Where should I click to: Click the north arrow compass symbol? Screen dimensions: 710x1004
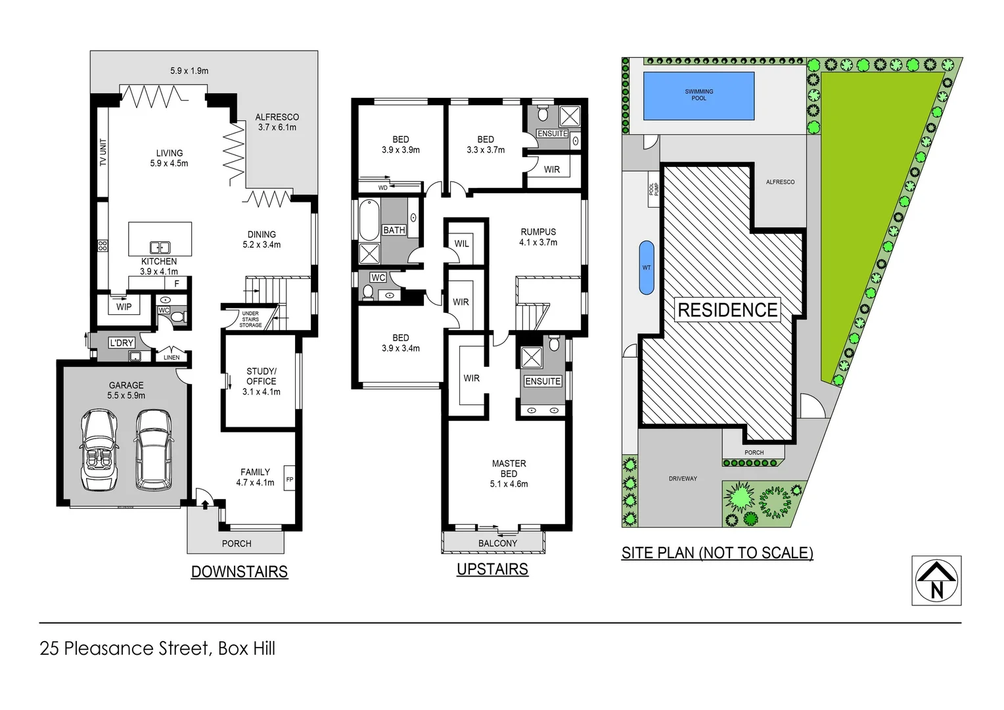click(x=936, y=580)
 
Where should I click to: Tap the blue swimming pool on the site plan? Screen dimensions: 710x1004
click(x=698, y=96)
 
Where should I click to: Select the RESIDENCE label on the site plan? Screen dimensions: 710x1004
click(x=727, y=310)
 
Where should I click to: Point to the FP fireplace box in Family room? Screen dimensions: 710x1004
click(x=289, y=479)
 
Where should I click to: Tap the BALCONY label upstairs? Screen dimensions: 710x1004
click(x=497, y=543)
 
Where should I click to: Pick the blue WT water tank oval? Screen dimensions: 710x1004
click(x=647, y=268)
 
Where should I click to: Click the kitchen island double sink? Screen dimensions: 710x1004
click(x=160, y=247)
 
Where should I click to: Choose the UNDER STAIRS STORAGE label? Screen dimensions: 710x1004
click(x=250, y=319)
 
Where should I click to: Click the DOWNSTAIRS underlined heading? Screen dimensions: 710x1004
click(x=239, y=572)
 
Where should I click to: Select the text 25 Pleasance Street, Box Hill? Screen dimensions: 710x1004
click(x=158, y=648)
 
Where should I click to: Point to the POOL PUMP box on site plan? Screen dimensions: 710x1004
click(x=654, y=189)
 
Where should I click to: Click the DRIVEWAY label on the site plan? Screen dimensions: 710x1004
click(x=683, y=479)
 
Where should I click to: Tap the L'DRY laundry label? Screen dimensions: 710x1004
click(x=122, y=343)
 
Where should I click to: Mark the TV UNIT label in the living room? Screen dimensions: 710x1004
click(x=103, y=153)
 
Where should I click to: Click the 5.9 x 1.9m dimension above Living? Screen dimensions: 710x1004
click(x=189, y=70)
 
